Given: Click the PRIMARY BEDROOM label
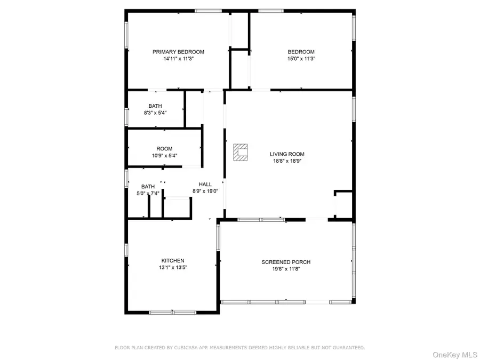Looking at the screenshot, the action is coord(178,52).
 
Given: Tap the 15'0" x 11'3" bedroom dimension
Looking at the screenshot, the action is coord(301,59).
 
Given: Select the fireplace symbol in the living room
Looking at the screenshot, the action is coord(241,152).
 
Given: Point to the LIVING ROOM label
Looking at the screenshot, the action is coord(287,154).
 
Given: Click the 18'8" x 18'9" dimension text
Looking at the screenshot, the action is coord(287,161).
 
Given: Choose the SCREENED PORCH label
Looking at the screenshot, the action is coord(286,262).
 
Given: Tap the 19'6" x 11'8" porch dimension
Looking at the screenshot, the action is coord(286,269).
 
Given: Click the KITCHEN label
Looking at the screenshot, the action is coord(173,260).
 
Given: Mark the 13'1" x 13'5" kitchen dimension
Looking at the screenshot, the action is coord(173,267).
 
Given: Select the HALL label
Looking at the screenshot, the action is coord(205,185).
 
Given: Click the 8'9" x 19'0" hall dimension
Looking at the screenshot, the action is coord(205,191).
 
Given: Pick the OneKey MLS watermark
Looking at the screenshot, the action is coord(454,355).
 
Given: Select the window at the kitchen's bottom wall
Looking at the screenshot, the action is coord(173,313).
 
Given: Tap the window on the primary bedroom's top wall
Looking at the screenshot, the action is coord(209,11).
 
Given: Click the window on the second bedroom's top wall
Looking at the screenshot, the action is coord(271,11).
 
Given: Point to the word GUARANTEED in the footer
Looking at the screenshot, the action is coord(349,348).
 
